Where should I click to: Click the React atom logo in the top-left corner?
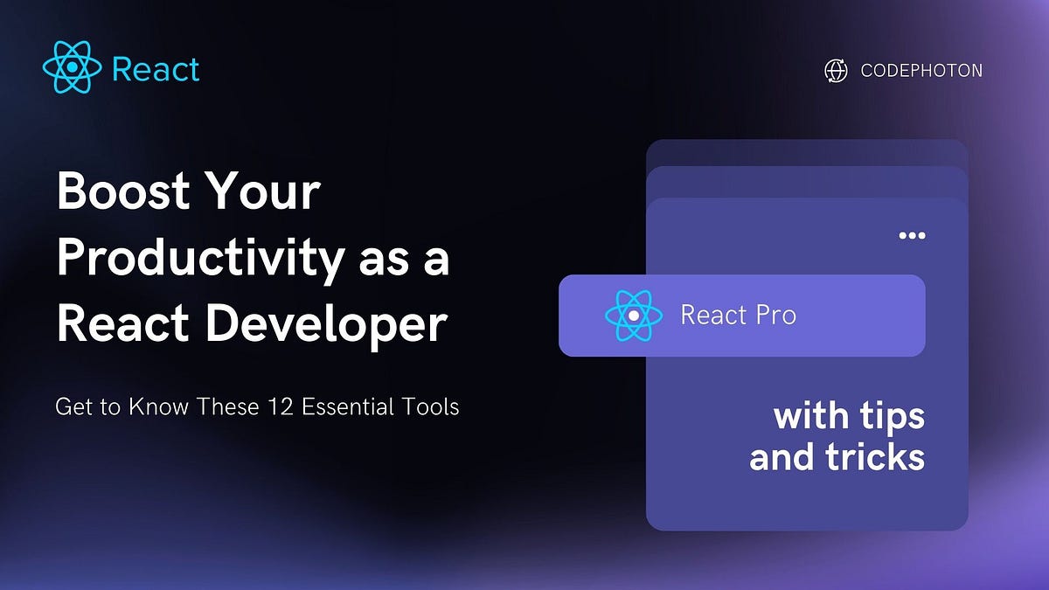pos(73,68)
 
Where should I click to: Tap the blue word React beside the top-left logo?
pos(156,69)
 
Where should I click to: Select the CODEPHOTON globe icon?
pos(836,71)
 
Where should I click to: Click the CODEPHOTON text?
pos(921,71)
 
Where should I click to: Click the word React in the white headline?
pos(123,324)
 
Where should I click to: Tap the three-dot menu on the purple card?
pos(912,236)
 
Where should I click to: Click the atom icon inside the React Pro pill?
pos(633,316)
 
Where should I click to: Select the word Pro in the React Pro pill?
pos(775,316)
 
